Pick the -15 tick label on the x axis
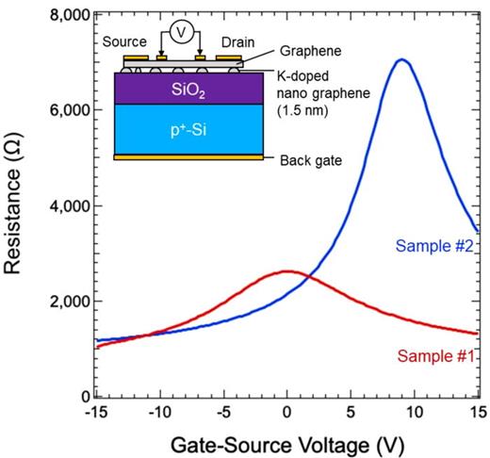[x=95, y=411]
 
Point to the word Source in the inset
[x=122, y=43]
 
